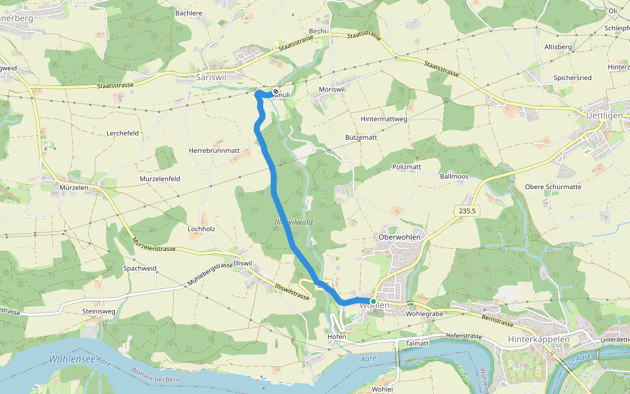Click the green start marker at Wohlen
coord(373,301)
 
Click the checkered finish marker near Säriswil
coord(276,92)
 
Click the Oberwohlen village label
coord(400,236)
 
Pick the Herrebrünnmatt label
coord(215,150)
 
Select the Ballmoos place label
coord(454,177)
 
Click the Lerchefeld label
coord(123,133)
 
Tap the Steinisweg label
coord(98,311)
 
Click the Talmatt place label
coord(417,343)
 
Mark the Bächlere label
coord(188,12)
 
